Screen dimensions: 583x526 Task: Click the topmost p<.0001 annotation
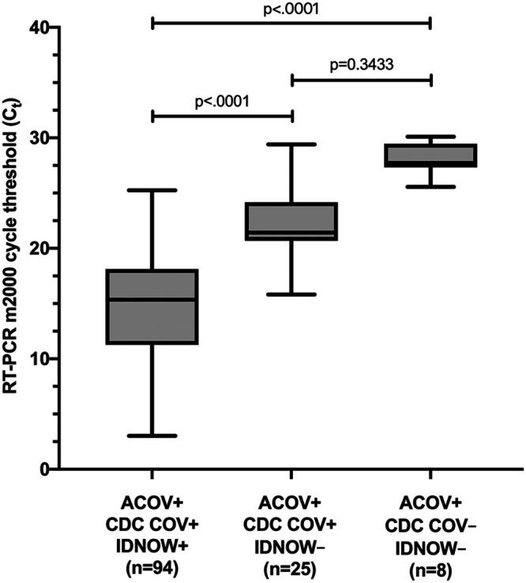click(x=291, y=9)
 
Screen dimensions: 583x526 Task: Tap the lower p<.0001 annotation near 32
click(x=222, y=102)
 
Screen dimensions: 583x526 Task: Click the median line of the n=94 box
click(x=152, y=300)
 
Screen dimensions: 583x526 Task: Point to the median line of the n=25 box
click(x=291, y=233)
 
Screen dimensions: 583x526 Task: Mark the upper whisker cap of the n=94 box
click(x=152, y=190)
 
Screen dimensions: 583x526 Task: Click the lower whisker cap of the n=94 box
click(x=152, y=435)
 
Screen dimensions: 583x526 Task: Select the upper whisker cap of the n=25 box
click(x=291, y=144)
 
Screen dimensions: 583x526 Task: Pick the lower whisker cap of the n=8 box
click(x=430, y=187)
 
